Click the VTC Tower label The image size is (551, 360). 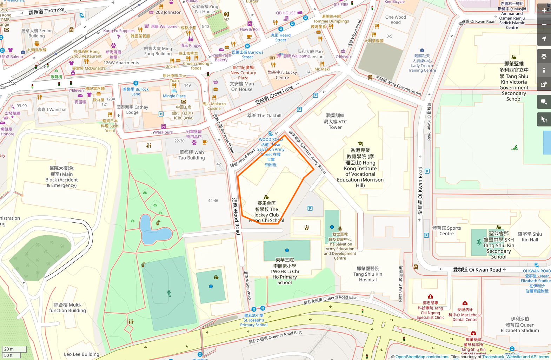(x=335, y=121)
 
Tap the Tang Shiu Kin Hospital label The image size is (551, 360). (x=367, y=274)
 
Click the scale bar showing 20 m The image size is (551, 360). (x=14, y=349)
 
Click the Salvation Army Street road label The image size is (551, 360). (x=307, y=152)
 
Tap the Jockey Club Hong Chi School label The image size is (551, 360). (x=266, y=211)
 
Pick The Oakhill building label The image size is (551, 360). (x=264, y=116)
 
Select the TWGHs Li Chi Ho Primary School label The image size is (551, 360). (x=285, y=271)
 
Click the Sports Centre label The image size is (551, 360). (x=446, y=231)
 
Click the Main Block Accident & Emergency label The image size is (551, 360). (x=61, y=177)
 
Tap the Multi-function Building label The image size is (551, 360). (x=67, y=308)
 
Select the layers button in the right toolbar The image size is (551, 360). (x=544, y=56)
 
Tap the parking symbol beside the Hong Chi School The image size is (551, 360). (x=310, y=209)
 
